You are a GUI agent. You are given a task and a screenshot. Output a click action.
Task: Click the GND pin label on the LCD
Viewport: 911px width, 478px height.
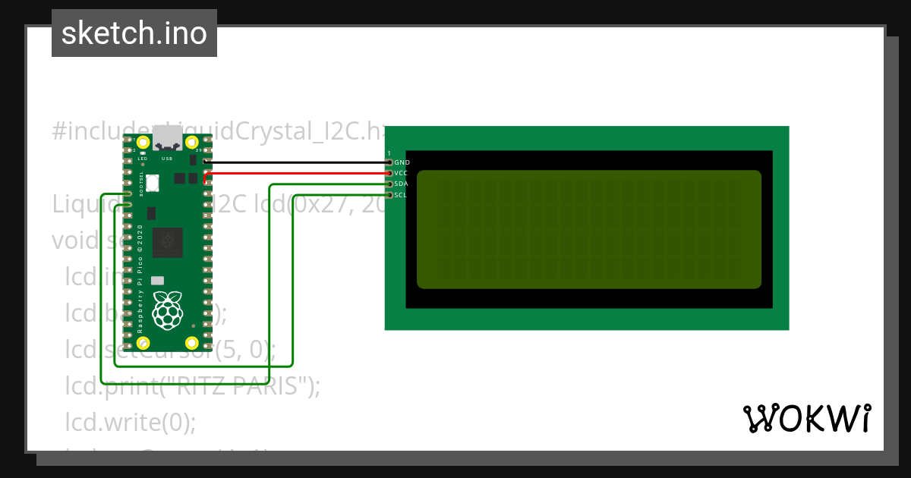point(402,162)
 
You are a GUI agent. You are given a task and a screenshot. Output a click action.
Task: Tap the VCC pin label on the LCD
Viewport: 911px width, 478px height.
point(402,173)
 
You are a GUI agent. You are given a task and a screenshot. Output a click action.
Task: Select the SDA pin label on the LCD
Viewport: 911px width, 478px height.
point(402,184)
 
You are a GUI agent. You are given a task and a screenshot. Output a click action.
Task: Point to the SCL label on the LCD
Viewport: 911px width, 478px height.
point(402,195)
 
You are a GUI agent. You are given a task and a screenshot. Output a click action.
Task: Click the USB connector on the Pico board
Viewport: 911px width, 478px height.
point(167,141)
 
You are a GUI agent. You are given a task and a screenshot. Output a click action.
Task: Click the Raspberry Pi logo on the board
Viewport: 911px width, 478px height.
point(168,310)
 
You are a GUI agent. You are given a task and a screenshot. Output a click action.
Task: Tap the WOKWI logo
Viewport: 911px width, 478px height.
point(806,418)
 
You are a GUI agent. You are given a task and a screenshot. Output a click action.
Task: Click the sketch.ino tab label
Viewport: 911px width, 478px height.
point(134,33)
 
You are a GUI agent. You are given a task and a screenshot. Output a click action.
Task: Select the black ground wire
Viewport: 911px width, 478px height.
point(296,162)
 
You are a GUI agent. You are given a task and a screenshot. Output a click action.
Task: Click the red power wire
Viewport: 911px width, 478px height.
point(296,173)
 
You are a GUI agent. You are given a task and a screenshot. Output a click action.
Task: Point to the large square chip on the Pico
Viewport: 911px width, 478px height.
point(167,242)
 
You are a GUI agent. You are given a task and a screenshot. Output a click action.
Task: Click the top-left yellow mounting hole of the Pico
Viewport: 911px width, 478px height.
point(143,142)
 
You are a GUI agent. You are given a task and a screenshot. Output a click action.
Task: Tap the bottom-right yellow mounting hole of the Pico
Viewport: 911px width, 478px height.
point(192,342)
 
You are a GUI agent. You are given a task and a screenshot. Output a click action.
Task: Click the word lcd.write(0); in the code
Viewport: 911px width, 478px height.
point(130,421)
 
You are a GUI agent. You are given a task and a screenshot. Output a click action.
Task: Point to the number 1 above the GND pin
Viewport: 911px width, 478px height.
point(389,154)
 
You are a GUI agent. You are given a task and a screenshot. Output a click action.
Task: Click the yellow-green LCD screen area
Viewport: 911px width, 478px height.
point(588,229)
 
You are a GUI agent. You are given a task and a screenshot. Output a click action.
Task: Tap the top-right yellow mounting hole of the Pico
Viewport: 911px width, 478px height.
point(192,142)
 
